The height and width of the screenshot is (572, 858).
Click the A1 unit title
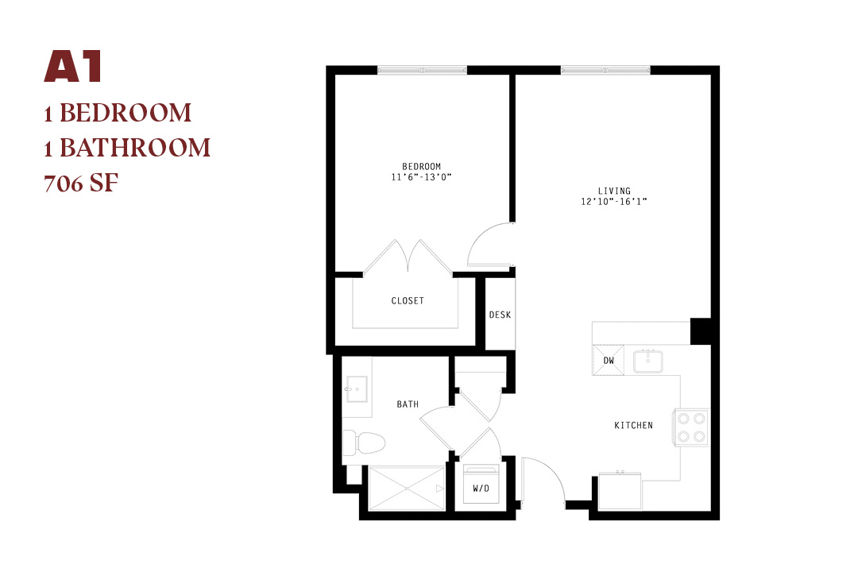pyautogui.click(x=73, y=67)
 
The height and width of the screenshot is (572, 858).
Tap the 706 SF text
pyautogui.click(x=81, y=183)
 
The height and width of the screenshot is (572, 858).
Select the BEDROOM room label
pyautogui.click(x=421, y=166)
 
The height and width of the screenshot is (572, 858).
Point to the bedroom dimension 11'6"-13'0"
pyautogui.click(x=421, y=177)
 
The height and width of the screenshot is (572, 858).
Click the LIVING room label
pyautogui.click(x=614, y=191)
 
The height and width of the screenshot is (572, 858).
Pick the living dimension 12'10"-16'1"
pyautogui.click(x=614, y=202)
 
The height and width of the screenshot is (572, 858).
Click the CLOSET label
pyautogui.click(x=408, y=300)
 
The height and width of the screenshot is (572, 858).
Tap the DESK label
pyautogui.click(x=500, y=315)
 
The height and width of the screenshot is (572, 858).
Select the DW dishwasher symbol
pyautogui.click(x=609, y=360)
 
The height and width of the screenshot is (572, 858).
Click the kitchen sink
pyautogui.click(x=648, y=361)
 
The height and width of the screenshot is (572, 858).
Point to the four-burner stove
pyautogui.click(x=691, y=427)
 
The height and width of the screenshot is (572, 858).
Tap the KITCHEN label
pyautogui.click(x=634, y=425)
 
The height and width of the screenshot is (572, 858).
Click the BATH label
pyautogui.click(x=408, y=404)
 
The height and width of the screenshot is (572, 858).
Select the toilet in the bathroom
pyautogui.click(x=364, y=443)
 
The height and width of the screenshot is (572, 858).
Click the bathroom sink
pyautogui.click(x=357, y=389)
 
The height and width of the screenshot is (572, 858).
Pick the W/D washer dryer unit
pyautogui.click(x=481, y=485)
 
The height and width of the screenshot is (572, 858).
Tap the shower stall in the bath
pyautogui.click(x=407, y=489)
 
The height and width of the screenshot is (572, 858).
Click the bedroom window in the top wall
pyautogui.click(x=422, y=70)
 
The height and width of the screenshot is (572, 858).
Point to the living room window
pyautogui.click(x=605, y=70)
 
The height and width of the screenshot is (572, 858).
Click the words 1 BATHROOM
pyautogui.click(x=127, y=148)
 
